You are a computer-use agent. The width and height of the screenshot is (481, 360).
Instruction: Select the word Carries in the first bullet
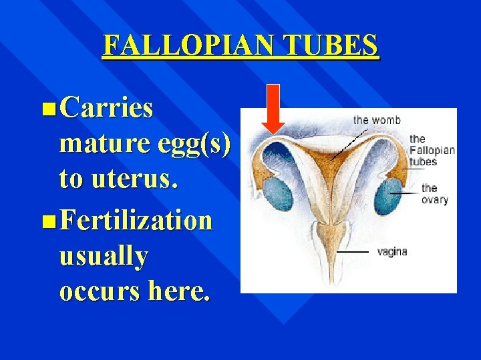point(106,108)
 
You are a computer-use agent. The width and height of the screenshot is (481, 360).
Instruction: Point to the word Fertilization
point(136,220)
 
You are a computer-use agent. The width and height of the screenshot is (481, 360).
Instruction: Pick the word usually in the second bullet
point(104,257)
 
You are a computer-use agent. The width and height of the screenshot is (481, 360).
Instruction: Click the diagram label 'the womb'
point(377,120)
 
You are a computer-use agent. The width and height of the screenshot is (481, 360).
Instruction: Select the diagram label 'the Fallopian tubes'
point(431,150)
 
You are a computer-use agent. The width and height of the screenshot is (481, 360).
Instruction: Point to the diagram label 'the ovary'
point(434,194)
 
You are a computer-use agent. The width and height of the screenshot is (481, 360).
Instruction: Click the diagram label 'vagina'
point(392,252)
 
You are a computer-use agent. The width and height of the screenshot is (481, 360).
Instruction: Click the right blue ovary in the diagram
point(387,193)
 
